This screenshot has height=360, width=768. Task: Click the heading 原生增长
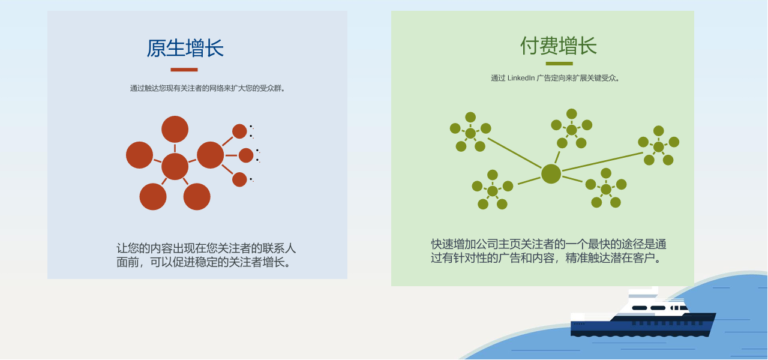(185, 48)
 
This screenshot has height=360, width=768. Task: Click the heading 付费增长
(559, 46)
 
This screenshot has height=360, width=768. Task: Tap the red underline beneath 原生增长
(184, 70)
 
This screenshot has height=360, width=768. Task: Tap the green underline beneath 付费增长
(559, 64)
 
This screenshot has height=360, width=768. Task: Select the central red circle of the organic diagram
(175, 166)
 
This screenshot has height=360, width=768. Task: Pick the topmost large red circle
(175, 129)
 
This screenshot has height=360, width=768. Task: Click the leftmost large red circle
(139, 155)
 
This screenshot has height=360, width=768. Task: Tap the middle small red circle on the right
(246, 155)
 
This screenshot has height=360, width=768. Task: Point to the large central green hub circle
(551, 174)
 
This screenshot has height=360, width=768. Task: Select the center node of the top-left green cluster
(470, 133)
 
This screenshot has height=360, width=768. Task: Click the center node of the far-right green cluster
(658, 147)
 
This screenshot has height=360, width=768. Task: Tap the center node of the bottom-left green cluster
(493, 191)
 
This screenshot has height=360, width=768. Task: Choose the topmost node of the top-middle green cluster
(571, 114)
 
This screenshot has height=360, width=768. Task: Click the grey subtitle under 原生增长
(208, 88)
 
